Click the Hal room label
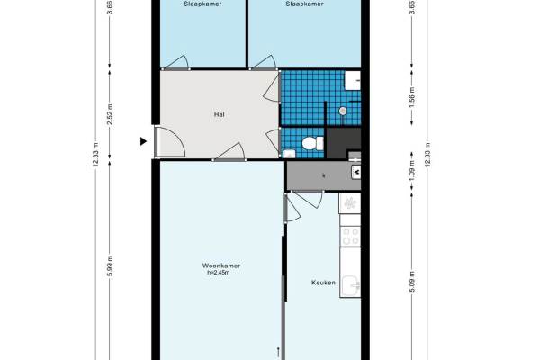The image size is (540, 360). (x=220, y=114)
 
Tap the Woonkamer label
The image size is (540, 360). (x=221, y=265)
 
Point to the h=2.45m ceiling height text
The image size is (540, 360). (x=219, y=273)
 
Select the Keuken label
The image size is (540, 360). (x=323, y=283)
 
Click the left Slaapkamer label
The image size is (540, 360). (x=202, y=4)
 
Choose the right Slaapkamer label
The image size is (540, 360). (x=304, y=4)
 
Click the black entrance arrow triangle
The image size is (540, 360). (x=143, y=141)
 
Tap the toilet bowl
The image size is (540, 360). (x=310, y=143)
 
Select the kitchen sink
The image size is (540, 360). (x=350, y=286)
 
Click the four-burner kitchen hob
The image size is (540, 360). (x=350, y=237)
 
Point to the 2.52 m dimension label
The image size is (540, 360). (x=110, y=114)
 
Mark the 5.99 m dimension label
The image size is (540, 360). (x=110, y=265)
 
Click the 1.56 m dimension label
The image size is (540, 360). (x=412, y=97)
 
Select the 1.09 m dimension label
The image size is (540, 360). (x=412, y=171)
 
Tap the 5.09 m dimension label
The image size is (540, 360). (x=412, y=282)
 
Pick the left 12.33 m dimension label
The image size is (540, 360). (x=96, y=155)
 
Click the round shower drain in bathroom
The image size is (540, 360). (x=343, y=111)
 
